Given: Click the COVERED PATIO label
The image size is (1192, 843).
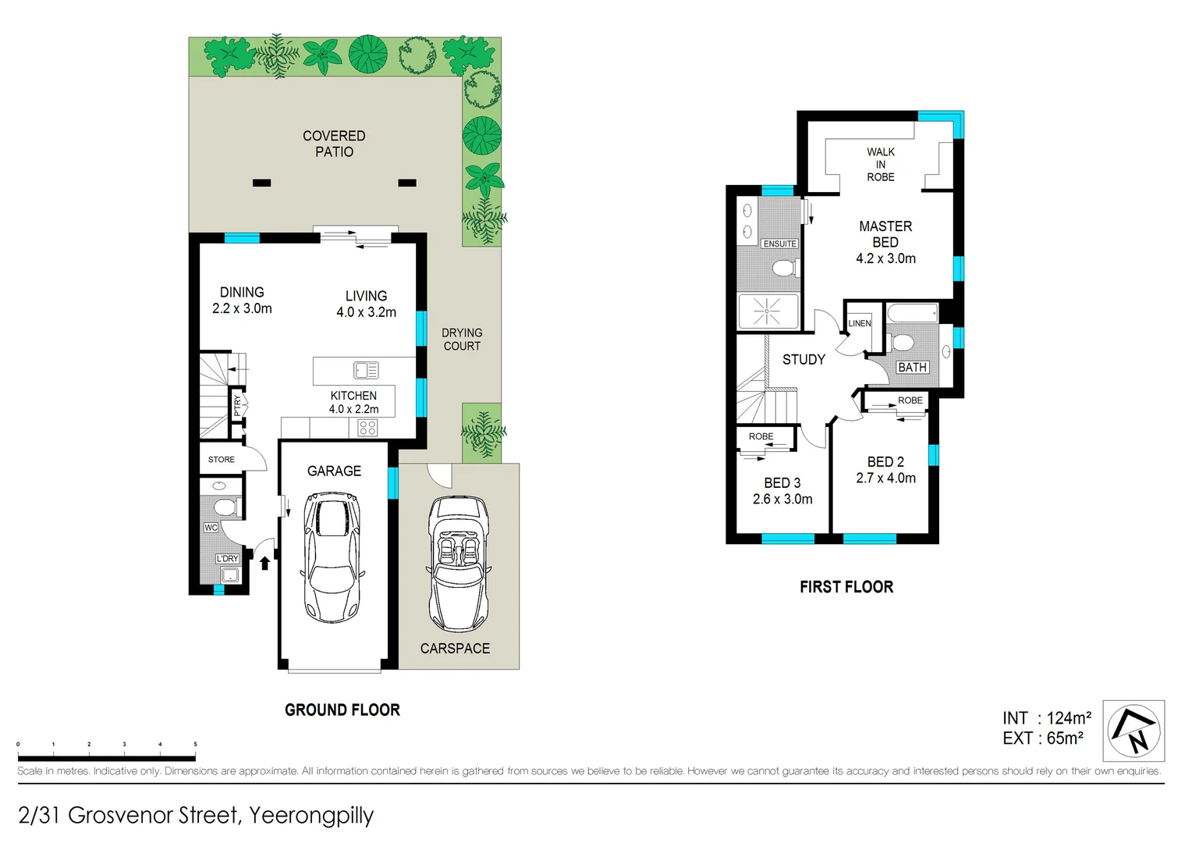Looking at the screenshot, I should point(334,144).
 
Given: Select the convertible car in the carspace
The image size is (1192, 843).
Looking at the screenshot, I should point(459,564).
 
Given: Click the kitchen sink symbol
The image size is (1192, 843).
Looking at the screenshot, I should point(366,370).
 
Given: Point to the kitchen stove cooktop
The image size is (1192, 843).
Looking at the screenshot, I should point(367,428).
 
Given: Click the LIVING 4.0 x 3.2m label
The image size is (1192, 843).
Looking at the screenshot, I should point(366,304).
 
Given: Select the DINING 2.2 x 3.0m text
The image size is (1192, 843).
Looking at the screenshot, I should point(242,301).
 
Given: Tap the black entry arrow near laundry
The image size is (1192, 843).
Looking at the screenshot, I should point(264,561).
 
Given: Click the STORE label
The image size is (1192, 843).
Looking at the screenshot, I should point(221,460).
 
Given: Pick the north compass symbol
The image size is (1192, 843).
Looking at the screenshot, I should point(1133,731).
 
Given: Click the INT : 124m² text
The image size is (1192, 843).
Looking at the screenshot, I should point(1046,718).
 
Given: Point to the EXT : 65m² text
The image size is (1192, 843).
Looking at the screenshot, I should point(1042,738).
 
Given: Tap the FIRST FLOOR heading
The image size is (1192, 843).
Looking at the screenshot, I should point(846,587).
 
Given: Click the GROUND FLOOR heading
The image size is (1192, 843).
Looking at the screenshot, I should point(342,710).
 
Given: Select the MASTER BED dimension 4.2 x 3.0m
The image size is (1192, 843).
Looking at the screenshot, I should point(885,258).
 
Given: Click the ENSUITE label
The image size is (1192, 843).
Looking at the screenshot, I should point(779,244).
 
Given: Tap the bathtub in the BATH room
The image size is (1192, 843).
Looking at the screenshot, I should point(913,314).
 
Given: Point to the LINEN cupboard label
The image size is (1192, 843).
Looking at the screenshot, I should point(860,323).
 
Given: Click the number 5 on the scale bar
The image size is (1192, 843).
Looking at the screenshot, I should point(195,745).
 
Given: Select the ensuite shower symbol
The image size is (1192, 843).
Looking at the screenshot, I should point(768,311).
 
